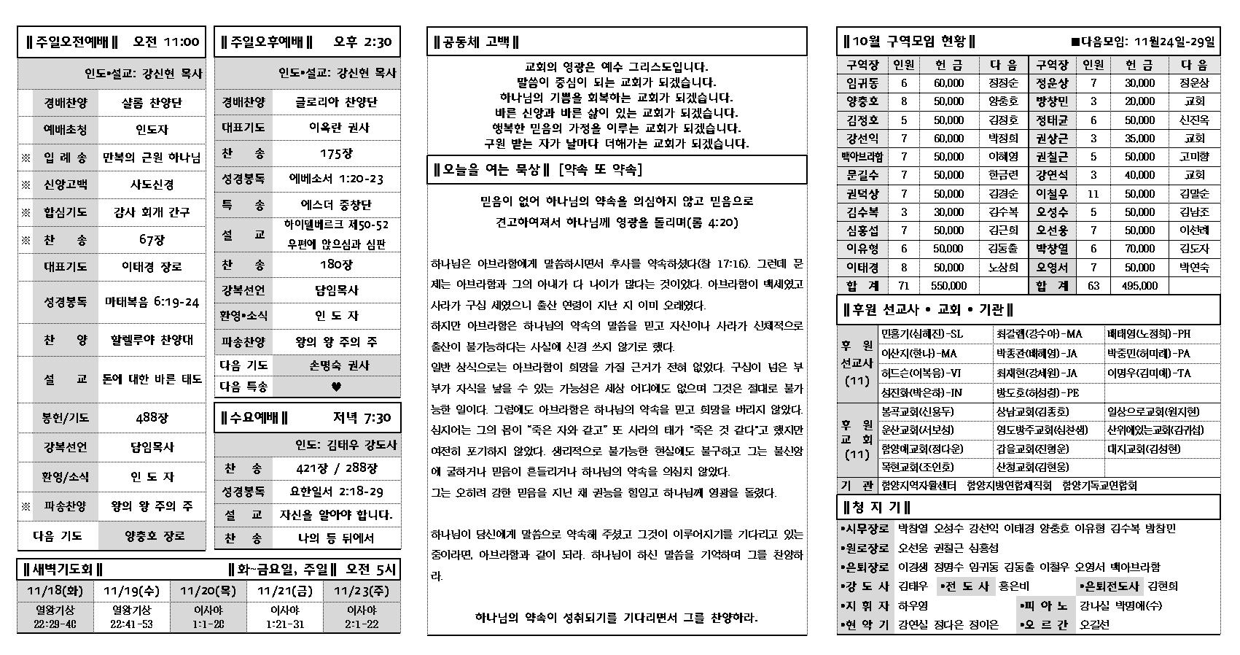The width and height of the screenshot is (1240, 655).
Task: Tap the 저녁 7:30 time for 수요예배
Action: (362, 418)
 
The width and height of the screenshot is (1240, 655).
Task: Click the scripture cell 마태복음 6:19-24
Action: (152, 301)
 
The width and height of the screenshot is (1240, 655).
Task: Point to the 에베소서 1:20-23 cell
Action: (336, 179)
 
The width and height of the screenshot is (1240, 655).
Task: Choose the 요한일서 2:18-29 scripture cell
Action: (336, 492)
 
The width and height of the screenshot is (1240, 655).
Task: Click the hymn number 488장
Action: (152, 418)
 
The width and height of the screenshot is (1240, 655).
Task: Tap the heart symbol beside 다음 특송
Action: (336, 387)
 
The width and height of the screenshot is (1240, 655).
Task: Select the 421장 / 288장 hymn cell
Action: (336, 468)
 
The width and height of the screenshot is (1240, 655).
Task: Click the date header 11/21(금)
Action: (285, 591)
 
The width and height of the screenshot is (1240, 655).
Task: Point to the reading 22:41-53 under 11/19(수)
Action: (132, 624)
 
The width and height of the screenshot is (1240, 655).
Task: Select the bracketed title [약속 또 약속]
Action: (600, 170)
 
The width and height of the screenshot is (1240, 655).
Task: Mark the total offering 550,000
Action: (948, 286)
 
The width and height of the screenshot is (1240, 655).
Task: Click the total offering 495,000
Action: (1139, 286)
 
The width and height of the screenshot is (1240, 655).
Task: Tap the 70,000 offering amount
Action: (1139, 249)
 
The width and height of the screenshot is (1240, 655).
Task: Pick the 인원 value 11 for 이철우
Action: (1093, 194)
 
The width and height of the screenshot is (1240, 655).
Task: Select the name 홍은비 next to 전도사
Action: (1013, 586)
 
